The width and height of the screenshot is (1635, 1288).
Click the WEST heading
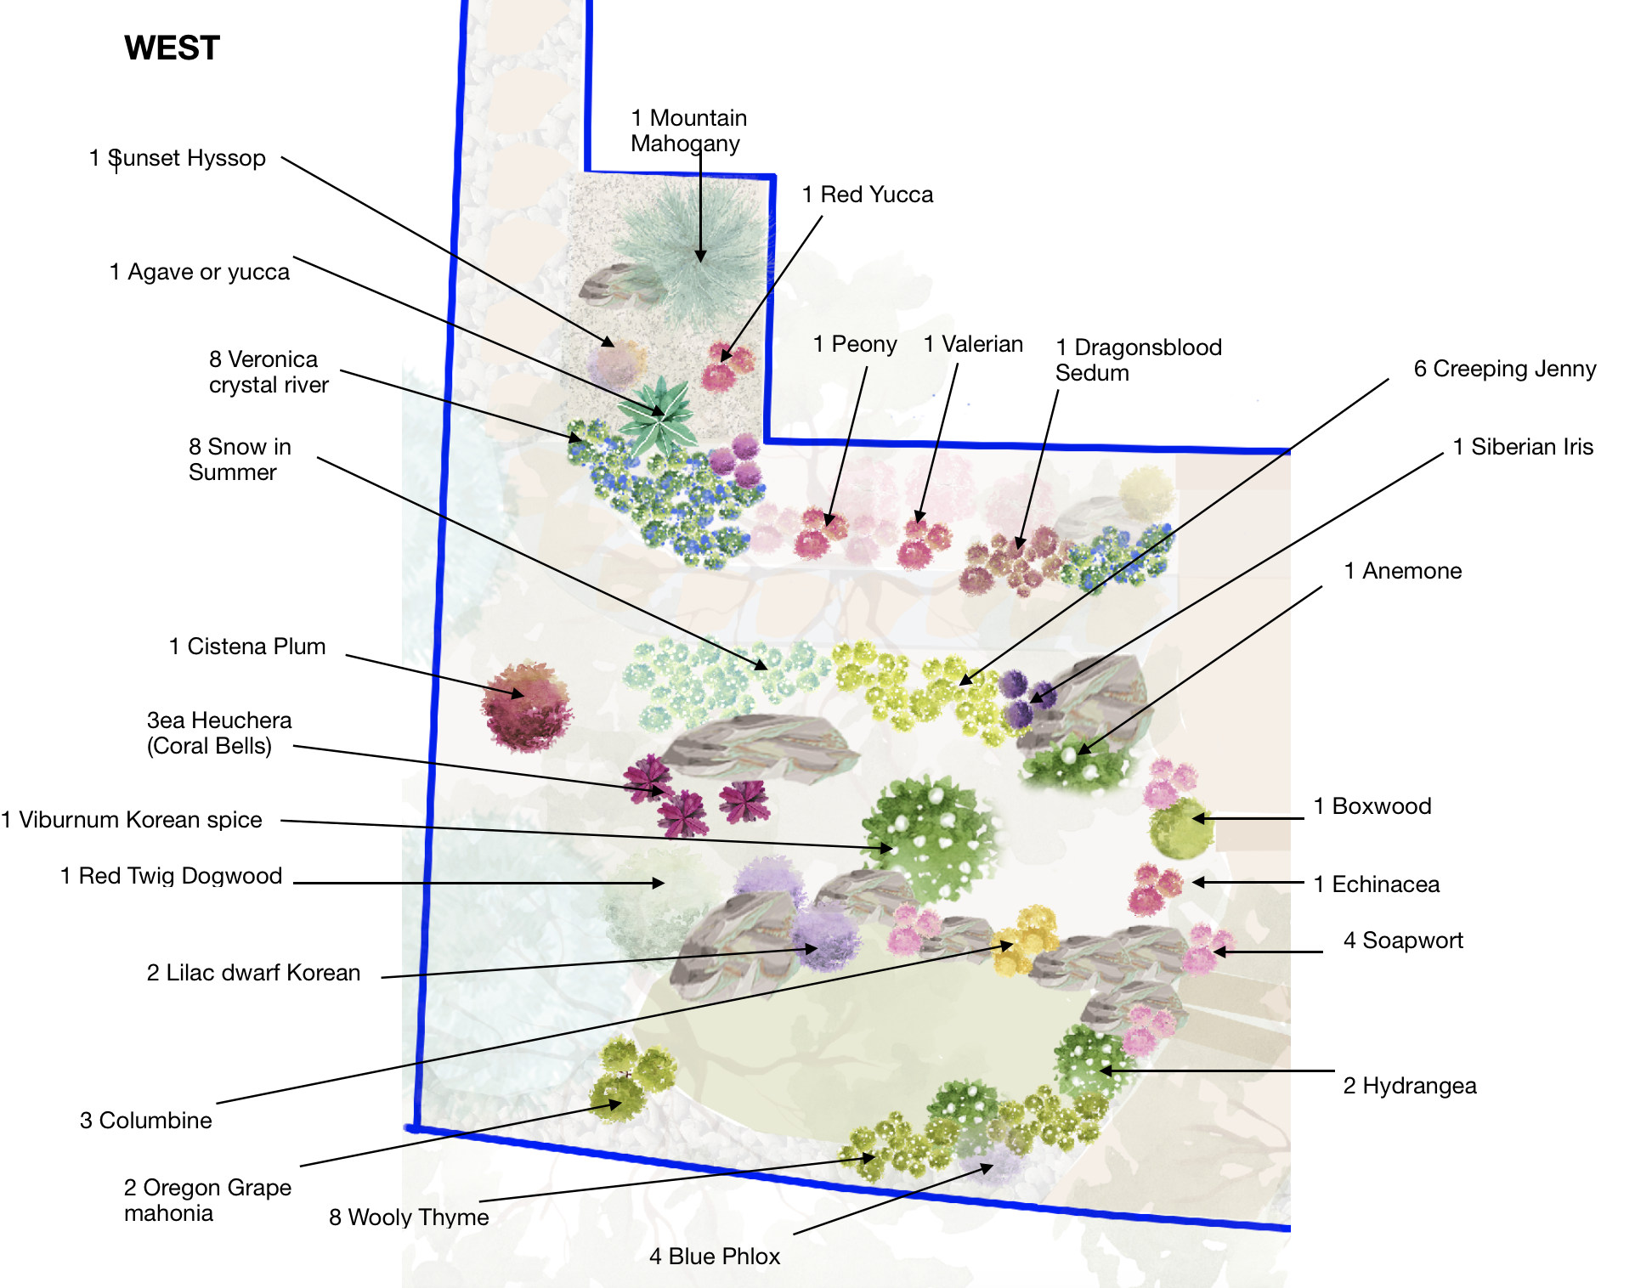point(172,48)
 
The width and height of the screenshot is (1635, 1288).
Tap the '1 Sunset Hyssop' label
point(178,158)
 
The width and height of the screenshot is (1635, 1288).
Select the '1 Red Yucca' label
point(868,195)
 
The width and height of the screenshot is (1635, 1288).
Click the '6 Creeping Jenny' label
point(1505,369)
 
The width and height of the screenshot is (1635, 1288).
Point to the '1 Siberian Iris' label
point(1523,447)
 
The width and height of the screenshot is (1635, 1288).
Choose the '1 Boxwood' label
point(1372,806)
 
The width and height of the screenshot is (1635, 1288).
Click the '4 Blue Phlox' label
point(715,1257)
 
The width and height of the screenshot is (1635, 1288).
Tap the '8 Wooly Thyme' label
point(409,1217)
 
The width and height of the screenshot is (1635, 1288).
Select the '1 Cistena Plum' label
point(247,647)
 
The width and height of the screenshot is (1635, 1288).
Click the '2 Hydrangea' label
point(1410,1086)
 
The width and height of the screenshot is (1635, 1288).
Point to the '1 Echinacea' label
point(1377,884)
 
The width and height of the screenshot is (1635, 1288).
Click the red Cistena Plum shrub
point(527,706)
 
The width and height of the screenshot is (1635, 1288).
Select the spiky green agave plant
point(658,415)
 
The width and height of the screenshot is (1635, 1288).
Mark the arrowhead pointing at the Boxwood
point(1199,819)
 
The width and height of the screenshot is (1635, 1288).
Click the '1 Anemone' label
point(1403,571)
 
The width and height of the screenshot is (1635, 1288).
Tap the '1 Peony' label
point(855,344)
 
